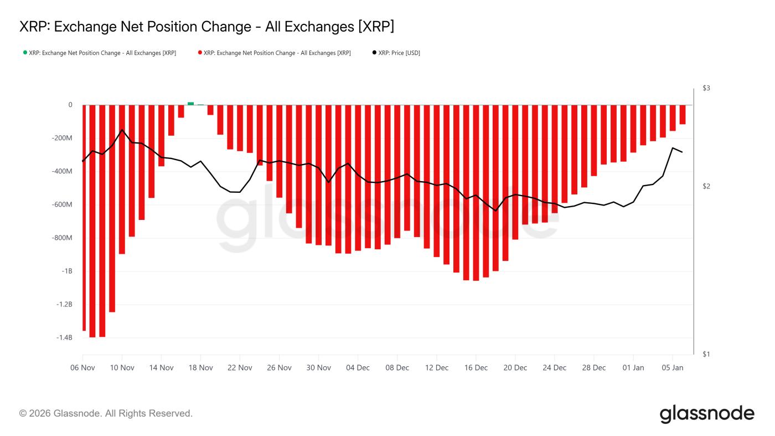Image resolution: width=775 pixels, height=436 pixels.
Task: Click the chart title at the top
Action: point(206,27)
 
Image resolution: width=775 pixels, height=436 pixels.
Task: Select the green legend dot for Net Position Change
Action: point(25,53)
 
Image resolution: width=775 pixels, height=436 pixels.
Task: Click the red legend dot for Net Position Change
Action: point(200,53)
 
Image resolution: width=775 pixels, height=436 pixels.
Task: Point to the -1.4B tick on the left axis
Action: point(64,337)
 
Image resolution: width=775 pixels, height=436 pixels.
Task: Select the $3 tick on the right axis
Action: point(706,88)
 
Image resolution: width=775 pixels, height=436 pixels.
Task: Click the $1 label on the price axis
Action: point(706,354)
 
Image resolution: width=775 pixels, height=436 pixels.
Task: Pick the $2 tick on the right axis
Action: point(706,186)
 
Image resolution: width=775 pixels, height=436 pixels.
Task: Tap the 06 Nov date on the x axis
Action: point(82,367)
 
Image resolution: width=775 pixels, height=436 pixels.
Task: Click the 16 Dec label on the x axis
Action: point(476,367)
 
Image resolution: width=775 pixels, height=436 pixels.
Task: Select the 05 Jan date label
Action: point(673,367)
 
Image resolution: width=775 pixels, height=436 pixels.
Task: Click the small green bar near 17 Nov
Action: point(190,104)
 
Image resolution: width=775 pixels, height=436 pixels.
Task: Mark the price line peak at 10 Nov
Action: point(122,130)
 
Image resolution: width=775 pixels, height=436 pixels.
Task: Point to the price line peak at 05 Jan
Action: point(673,148)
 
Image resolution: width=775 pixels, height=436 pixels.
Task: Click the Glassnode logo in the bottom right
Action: point(707,414)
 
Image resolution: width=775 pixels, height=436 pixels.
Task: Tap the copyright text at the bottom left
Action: point(106,413)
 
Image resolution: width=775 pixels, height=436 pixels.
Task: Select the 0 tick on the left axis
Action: point(70,105)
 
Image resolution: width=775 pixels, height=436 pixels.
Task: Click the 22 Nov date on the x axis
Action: point(240,367)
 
